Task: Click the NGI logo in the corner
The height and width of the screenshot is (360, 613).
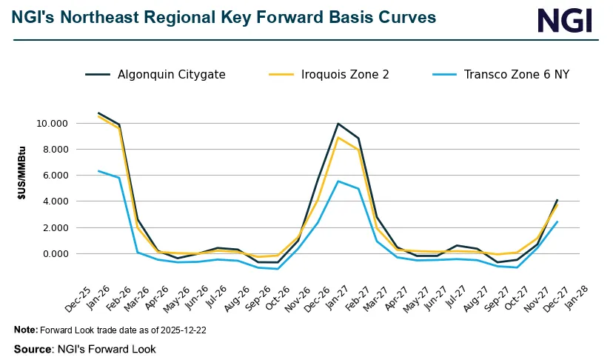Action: click(x=565, y=20)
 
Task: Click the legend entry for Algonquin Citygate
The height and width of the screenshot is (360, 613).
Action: click(x=171, y=74)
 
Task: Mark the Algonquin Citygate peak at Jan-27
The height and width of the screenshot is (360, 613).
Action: click(x=338, y=124)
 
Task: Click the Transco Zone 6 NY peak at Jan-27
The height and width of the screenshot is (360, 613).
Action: click(x=338, y=181)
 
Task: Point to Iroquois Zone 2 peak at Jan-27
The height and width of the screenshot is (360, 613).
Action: click(x=338, y=138)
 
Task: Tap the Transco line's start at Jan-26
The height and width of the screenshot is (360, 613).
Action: click(x=98, y=171)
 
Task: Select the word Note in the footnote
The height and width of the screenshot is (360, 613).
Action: click(x=25, y=330)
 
